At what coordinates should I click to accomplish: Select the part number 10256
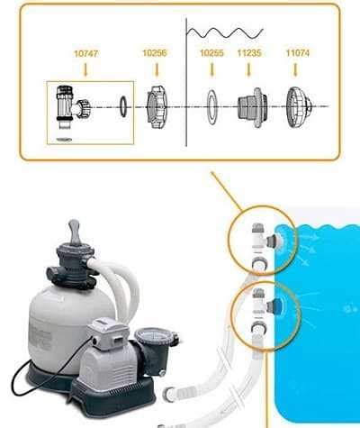pos(154,54)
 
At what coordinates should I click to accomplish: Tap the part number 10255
pos(211,54)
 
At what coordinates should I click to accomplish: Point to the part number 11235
pos(249,54)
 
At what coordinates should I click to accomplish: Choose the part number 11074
pos(299,54)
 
